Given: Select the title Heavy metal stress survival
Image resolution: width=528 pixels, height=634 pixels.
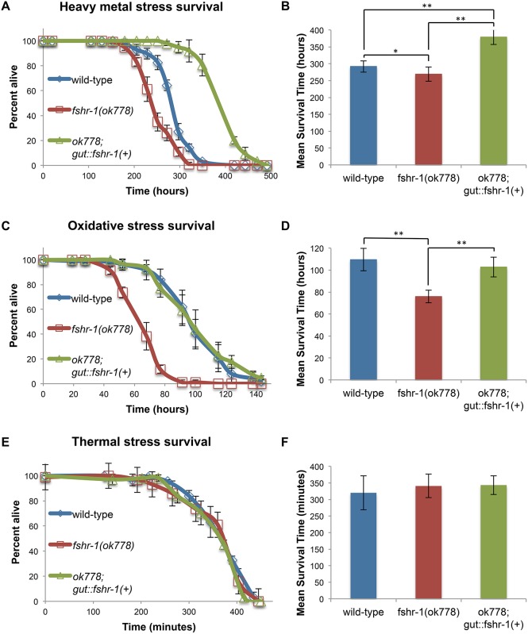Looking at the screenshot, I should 137,10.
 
